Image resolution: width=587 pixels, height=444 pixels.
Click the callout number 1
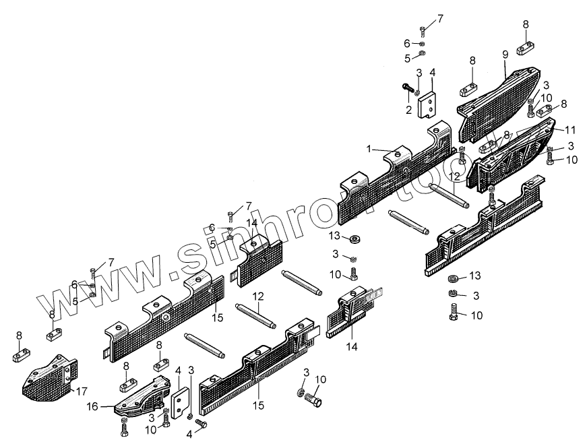point(369,148)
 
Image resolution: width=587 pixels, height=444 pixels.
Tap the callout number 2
point(408,108)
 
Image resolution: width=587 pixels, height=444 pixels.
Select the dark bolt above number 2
point(407,86)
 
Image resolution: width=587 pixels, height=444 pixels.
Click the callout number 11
point(570,128)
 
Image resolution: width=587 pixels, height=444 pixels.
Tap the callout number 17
point(82,390)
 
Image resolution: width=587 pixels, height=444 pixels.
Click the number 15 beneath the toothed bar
point(259,406)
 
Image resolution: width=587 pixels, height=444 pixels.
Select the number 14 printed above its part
point(251,222)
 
